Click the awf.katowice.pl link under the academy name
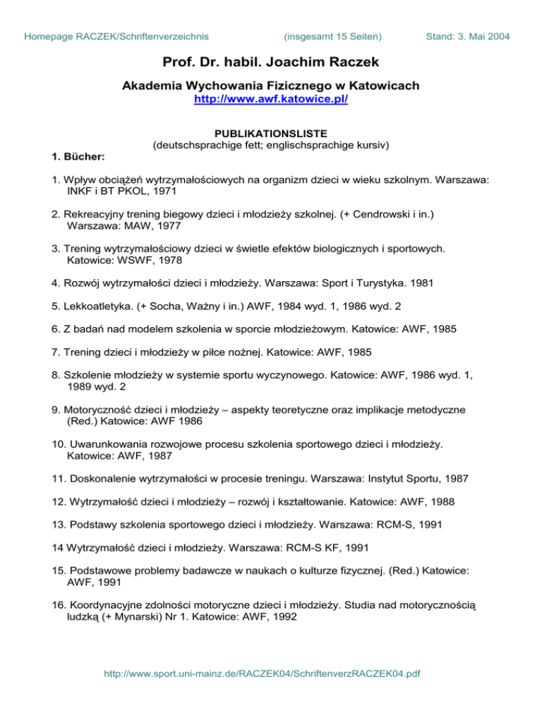[271, 100]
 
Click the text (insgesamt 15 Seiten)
[332, 35]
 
